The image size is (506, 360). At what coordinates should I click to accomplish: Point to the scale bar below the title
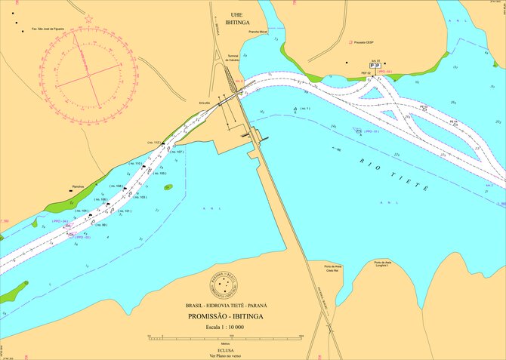click(227, 337)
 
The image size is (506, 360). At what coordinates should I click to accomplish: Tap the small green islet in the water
click(168, 186)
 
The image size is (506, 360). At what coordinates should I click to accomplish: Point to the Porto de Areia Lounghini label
click(381, 263)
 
